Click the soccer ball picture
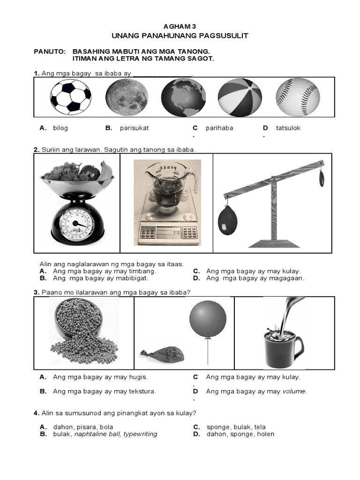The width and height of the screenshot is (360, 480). [71, 97]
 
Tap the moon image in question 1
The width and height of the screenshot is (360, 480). [127, 97]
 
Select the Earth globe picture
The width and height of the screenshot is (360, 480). [183, 97]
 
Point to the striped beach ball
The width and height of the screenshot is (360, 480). [240, 97]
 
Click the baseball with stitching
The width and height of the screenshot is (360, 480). [298, 97]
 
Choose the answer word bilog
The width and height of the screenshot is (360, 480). [60, 128]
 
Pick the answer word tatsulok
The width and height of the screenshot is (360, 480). [288, 128]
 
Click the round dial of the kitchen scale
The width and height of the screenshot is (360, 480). [77, 225]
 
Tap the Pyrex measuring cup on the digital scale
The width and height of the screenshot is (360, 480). [167, 187]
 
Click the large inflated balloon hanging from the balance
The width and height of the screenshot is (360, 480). [228, 220]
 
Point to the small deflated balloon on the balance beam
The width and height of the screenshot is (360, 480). [322, 178]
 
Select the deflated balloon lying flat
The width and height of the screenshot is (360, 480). [162, 354]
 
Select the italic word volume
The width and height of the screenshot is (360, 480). [294, 391]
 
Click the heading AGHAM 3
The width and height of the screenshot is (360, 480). [180, 27]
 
